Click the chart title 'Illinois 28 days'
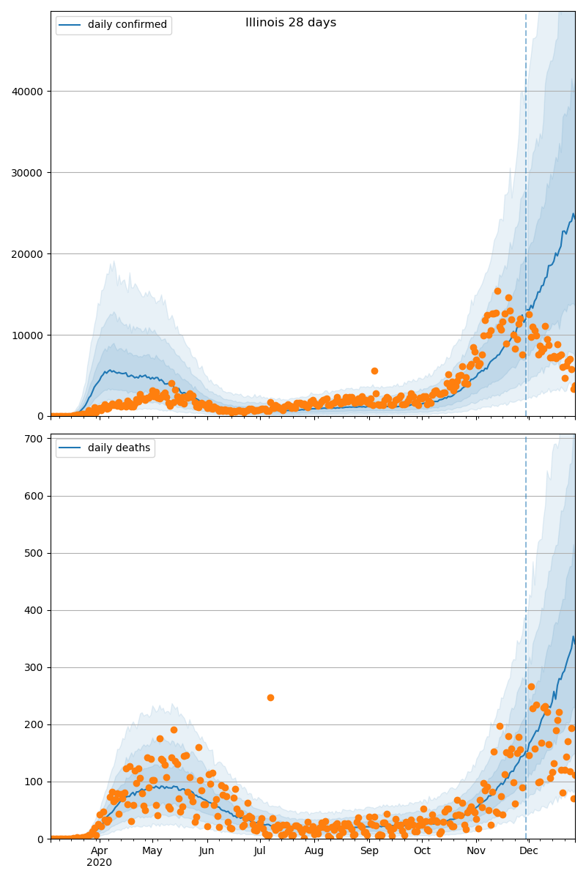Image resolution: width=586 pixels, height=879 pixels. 291,23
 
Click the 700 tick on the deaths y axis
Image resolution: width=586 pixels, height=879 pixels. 35,439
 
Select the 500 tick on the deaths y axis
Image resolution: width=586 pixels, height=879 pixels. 35,553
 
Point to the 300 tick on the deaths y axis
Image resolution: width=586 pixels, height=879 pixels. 35,667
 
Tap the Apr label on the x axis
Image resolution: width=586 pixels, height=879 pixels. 100,851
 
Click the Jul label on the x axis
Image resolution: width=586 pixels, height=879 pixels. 260,851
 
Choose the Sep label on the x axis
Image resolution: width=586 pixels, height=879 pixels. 369,851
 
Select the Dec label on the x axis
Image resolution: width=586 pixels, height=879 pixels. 529,851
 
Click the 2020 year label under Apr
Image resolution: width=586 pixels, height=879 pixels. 100,863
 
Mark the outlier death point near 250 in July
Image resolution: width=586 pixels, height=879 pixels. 270,697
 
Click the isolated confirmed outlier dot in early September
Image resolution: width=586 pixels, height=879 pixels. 374,371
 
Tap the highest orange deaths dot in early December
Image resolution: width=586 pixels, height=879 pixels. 531,686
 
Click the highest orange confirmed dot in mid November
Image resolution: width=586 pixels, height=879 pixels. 497,291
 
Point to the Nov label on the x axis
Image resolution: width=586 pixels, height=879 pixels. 476,851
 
